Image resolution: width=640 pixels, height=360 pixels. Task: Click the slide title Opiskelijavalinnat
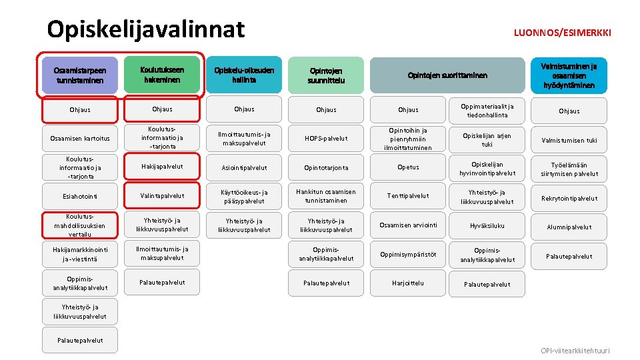tap(146, 29)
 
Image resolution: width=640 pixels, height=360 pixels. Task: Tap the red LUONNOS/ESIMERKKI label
tap(563, 32)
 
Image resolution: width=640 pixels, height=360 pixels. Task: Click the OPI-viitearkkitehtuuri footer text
tap(575, 351)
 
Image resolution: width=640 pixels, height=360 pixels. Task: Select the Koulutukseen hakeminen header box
tap(162, 75)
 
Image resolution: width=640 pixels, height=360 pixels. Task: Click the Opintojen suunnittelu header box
tap(326, 75)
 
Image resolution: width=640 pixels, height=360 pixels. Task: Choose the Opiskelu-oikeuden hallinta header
tap(244, 75)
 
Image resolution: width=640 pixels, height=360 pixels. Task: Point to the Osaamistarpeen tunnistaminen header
tap(81, 75)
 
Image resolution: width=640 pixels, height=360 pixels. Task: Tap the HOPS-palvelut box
tap(326, 139)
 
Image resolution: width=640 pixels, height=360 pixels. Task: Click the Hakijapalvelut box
tap(162, 167)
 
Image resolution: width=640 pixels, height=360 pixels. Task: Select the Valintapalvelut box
tap(162, 196)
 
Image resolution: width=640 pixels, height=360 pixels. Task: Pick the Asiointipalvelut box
tap(244, 168)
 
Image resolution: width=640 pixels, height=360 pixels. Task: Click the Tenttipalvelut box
tap(408, 196)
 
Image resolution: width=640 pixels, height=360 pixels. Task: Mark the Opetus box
tap(408, 168)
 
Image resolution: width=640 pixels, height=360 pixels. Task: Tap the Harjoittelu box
tap(408, 283)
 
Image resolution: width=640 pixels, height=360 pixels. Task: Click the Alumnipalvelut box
tap(569, 227)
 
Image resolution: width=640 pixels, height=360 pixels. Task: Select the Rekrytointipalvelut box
tap(569, 199)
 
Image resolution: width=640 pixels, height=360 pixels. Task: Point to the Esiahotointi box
tap(81, 196)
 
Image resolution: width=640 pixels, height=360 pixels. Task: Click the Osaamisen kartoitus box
tap(81, 139)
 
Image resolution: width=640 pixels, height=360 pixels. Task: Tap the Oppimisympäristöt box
tap(408, 255)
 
